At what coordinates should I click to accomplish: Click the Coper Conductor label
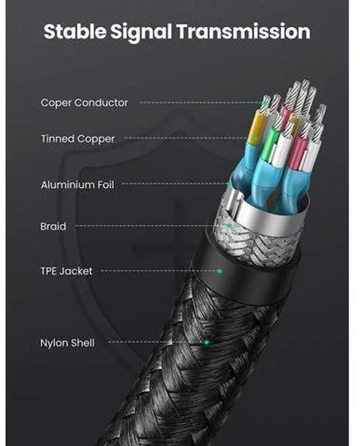click(84, 102)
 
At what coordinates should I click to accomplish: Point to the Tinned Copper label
click(78, 139)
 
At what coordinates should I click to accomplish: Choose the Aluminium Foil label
click(77, 185)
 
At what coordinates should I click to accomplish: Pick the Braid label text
click(53, 226)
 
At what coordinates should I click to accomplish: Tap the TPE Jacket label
click(66, 271)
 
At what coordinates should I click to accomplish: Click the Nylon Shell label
click(67, 342)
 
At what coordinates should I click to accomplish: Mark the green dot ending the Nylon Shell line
click(206, 342)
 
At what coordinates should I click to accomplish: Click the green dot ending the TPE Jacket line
click(220, 271)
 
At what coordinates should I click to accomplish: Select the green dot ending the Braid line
click(229, 226)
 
